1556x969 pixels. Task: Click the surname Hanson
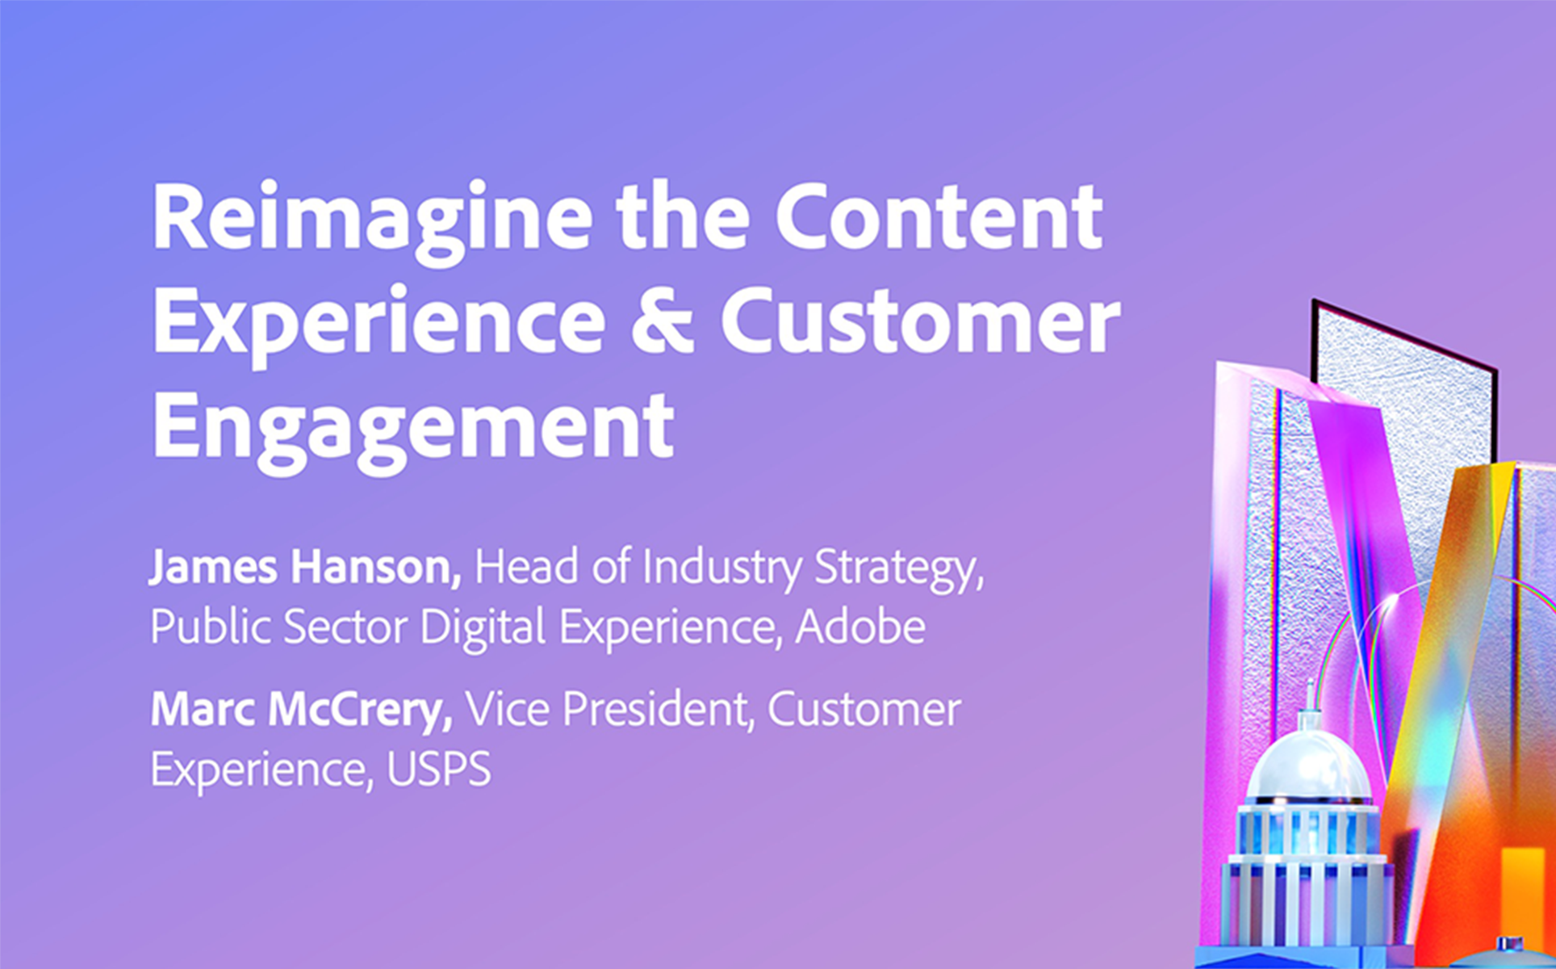tap(376, 567)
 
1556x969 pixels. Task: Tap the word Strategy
tap(899, 568)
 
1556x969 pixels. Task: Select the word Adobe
tap(860, 627)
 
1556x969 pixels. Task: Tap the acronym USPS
tap(439, 770)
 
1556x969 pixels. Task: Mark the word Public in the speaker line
tap(211, 627)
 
